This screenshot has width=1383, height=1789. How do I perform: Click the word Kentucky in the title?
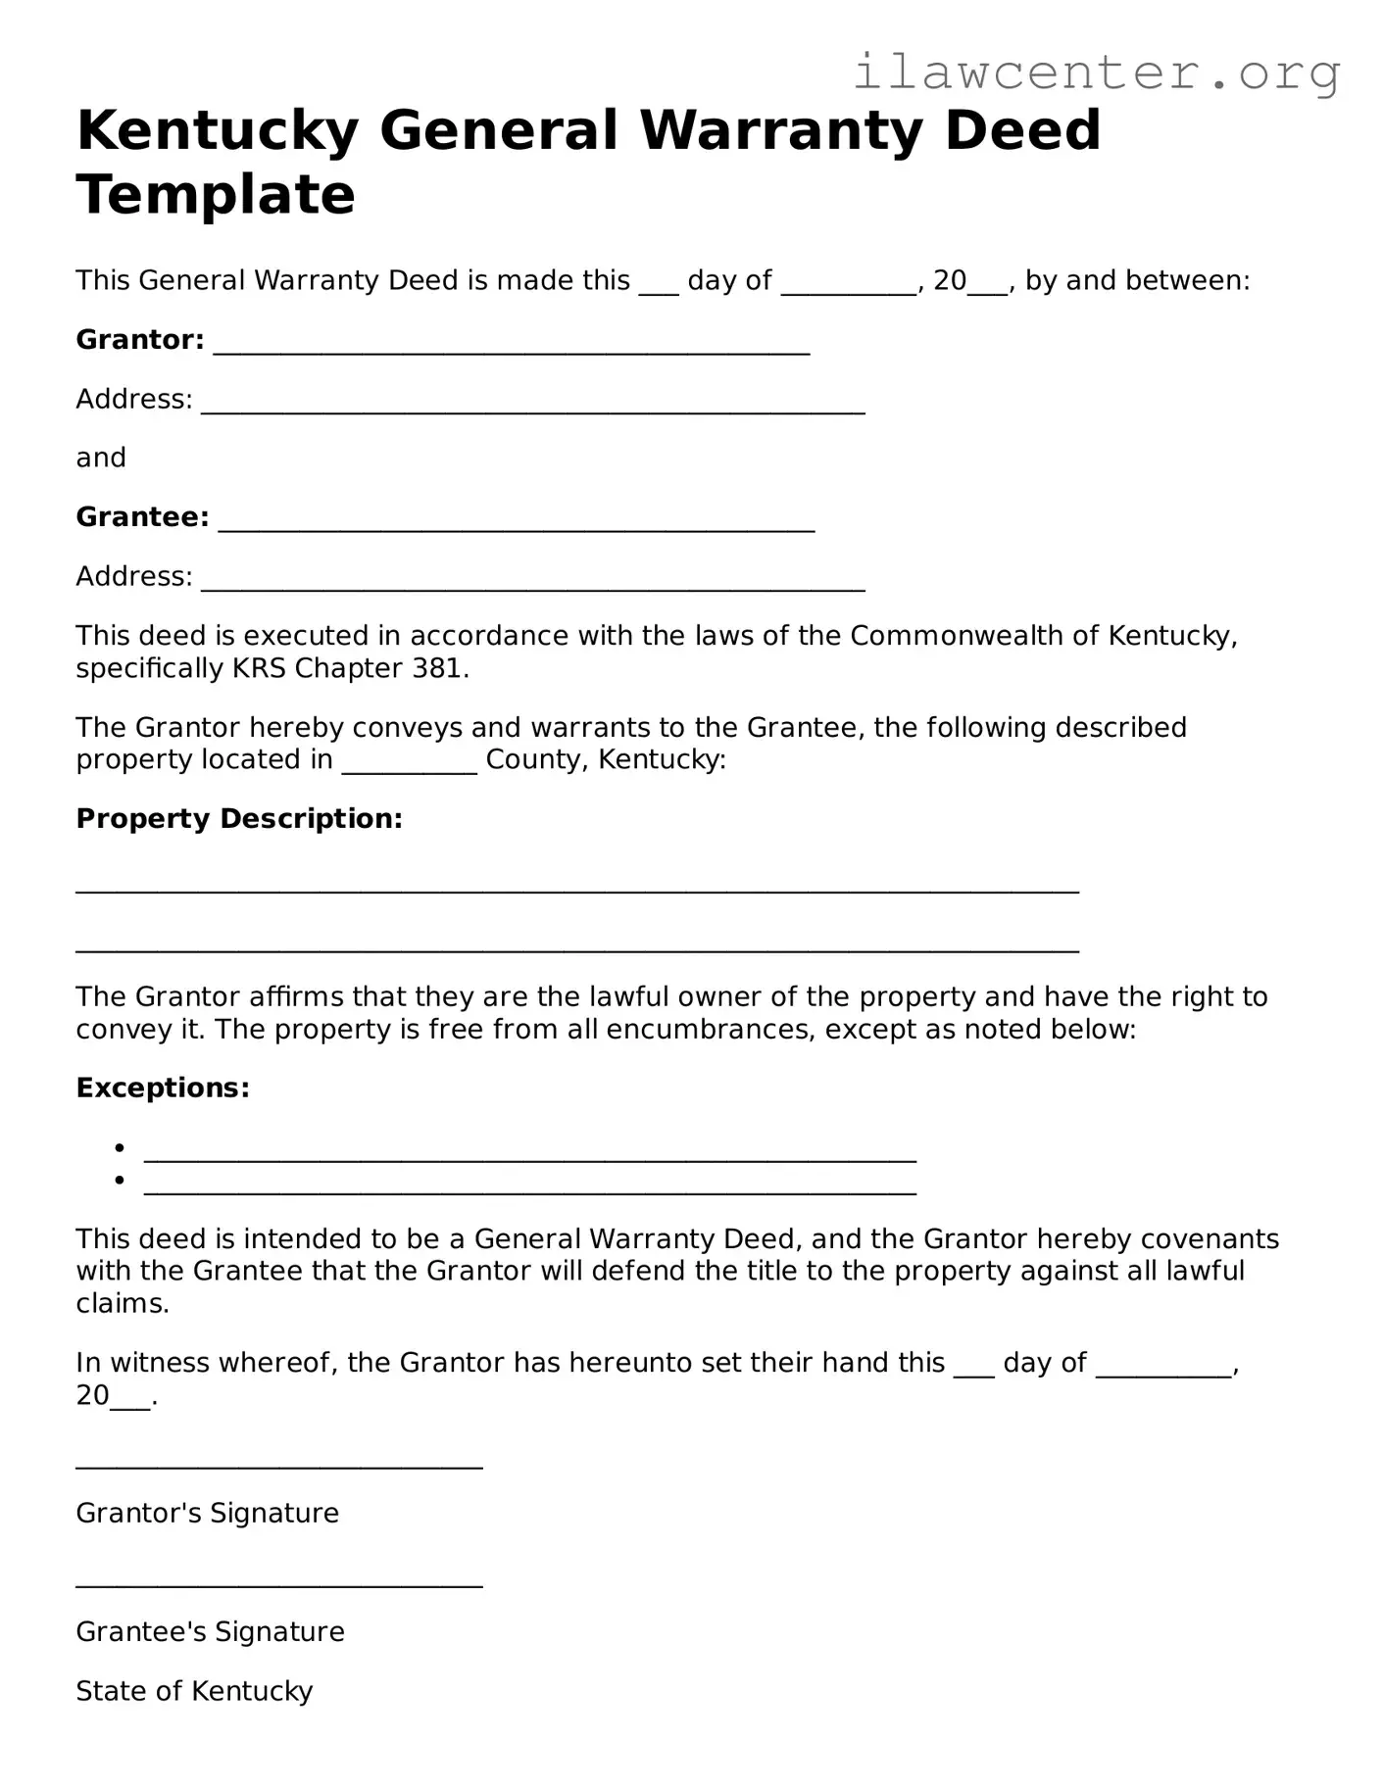click(x=217, y=130)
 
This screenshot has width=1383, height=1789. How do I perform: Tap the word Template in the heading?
click(x=215, y=194)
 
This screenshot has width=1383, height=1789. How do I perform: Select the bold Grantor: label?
click(x=140, y=340)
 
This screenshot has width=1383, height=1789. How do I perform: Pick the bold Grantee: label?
click(x=142, y=517)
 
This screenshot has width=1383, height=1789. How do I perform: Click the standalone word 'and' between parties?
click(x=101, y=459)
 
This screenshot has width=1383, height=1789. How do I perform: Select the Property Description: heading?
click(x=239, y=819)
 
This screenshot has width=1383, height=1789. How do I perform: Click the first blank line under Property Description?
click(x=576, y=888)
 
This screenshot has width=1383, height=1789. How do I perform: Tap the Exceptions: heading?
click(x=163, y=1088)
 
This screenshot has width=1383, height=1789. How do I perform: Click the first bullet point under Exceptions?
click(x=120, y=1147)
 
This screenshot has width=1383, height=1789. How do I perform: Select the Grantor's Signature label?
click(x=207, y=1514)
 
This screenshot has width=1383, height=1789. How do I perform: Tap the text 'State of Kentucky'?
click(x=194, y=1692)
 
